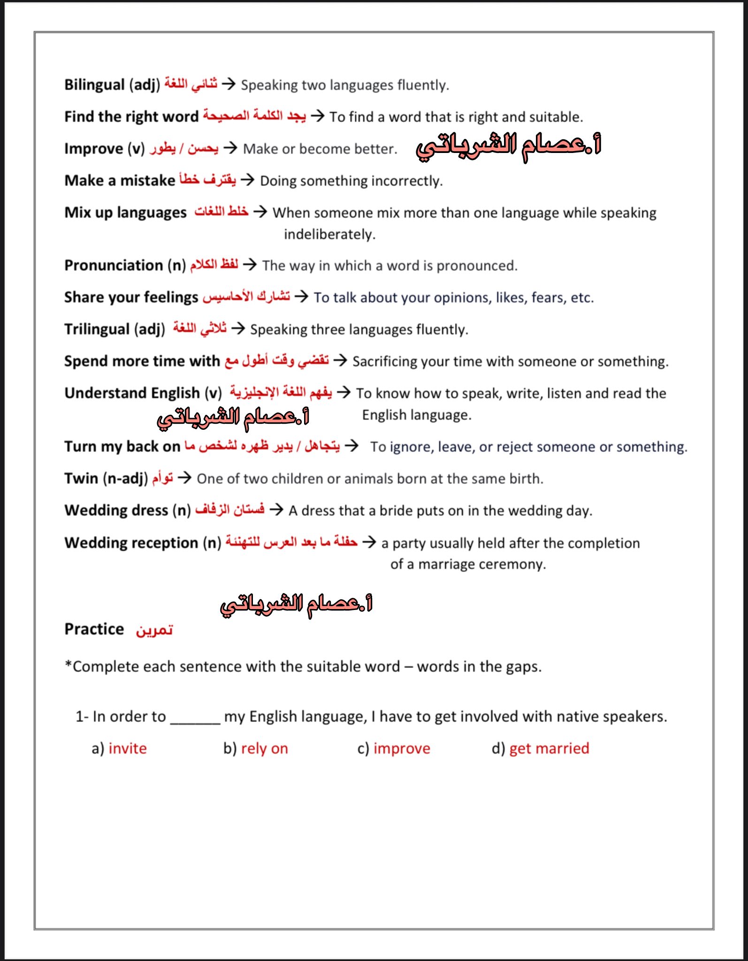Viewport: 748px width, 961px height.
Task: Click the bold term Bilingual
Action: point(94,85)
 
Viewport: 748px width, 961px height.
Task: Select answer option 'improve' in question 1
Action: point(402,748)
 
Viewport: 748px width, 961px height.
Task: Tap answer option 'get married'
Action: point(549,748)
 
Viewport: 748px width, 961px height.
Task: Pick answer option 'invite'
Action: point(128,748)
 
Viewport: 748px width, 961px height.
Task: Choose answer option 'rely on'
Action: point(264,748)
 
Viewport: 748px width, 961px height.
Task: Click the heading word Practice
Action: point(94,629)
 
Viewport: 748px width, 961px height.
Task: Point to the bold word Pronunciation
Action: point(114,266)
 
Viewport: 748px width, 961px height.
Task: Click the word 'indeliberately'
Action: point(329,234)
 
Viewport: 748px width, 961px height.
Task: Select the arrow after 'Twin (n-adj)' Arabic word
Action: point(185,478)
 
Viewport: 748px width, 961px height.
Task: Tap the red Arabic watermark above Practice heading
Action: point(297,604)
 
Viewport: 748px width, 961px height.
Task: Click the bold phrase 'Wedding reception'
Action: point(131,543)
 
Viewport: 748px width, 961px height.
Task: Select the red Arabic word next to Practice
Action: point(154,630)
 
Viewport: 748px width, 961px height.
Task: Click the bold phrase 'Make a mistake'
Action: point(120,180)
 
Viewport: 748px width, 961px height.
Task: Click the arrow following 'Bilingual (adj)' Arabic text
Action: point(229,84)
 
